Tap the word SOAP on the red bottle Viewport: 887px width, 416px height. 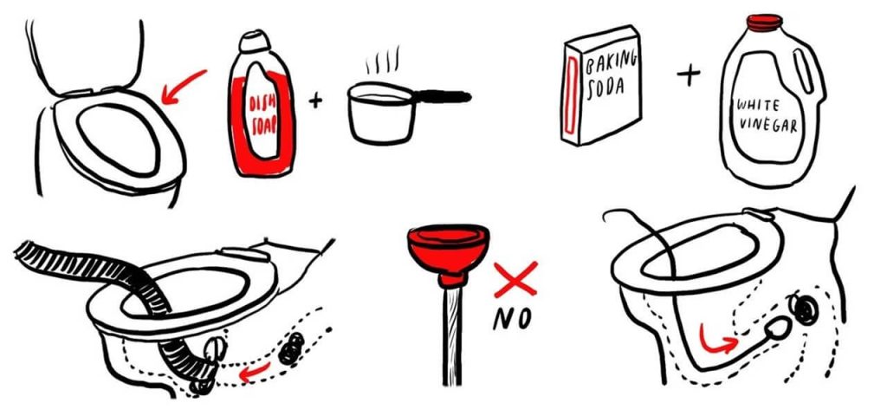tap(264, 125)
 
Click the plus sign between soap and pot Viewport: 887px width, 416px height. tap(315, 101)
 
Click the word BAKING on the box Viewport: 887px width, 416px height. tap(611, 62)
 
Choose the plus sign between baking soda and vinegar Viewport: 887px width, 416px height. tap(689, 75)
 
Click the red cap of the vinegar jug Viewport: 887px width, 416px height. tap(764, 22)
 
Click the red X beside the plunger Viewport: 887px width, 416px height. tap(515, 280)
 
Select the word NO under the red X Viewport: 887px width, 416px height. tap(513, 319)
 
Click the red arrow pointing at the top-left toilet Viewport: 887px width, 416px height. tap(181, 88)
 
